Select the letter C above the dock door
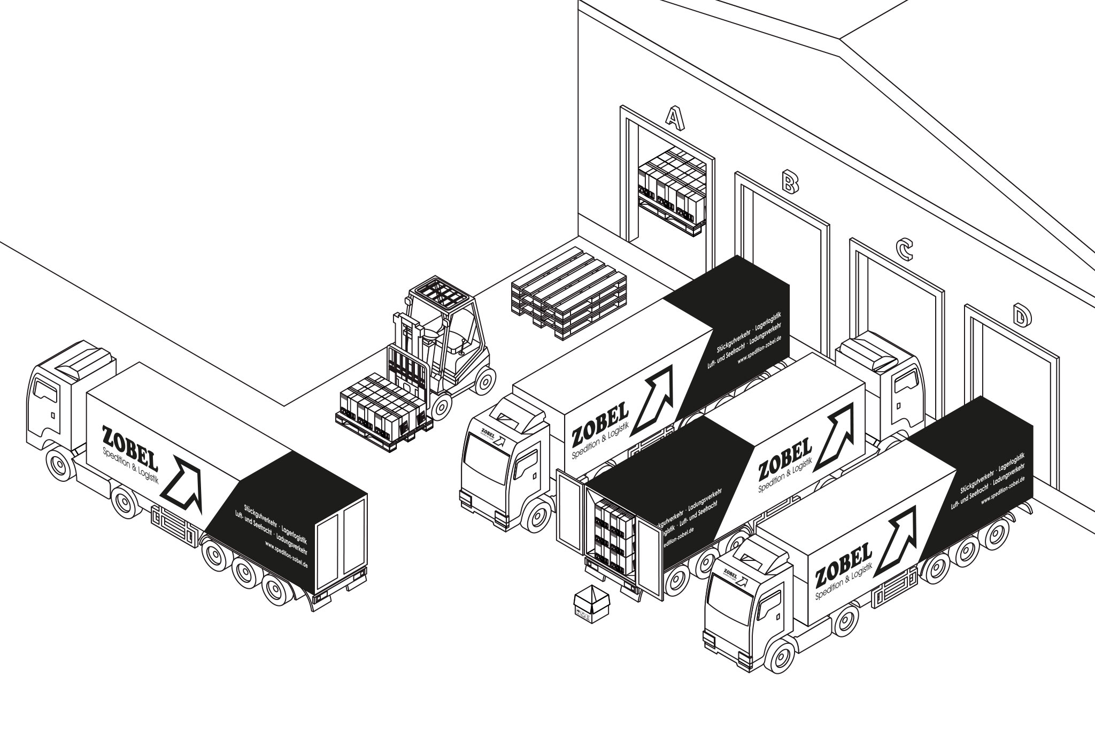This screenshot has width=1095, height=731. (x=903, y=249)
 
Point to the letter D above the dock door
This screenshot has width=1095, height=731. (x=1021, y=316)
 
